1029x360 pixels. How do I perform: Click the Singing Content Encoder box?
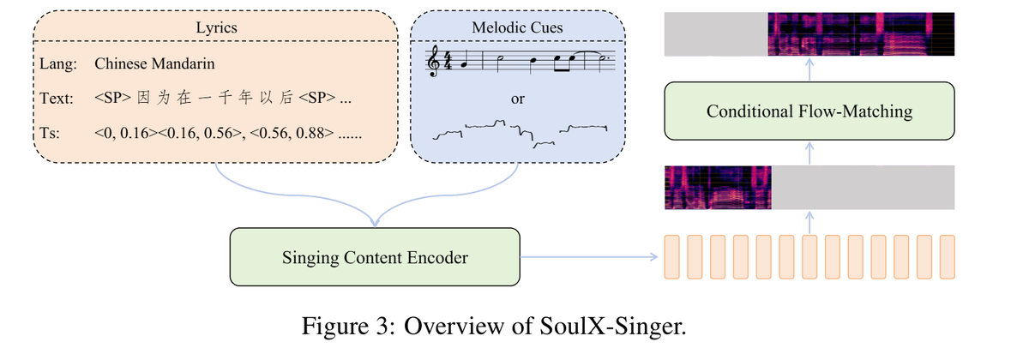[375, 256]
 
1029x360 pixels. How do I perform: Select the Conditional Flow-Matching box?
[809, 111]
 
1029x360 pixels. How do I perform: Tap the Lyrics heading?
[216, 27]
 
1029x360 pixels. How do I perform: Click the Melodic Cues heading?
[517, 27]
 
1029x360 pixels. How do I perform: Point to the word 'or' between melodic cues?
[517, 99]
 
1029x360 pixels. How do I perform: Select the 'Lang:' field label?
[57, 63]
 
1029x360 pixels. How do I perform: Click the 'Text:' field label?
[57, 99]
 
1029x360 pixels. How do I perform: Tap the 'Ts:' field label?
[51, 135]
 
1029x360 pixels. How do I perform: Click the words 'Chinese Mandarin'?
[154, 63]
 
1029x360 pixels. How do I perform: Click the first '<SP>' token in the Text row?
[113, 99]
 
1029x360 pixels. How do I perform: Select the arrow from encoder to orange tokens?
[592, 256]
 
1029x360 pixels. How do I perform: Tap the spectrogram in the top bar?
[860, 34]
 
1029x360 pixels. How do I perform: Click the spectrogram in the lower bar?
[719, 188]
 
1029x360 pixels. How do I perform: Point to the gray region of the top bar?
[715, 34]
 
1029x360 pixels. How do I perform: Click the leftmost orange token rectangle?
[672, 256]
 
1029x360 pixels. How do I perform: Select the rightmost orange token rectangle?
[947, 256]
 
